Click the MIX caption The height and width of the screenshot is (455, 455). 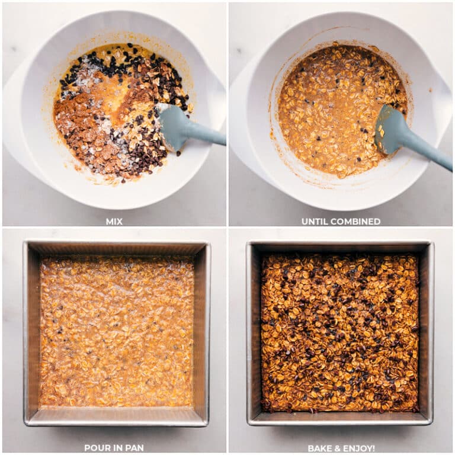114,222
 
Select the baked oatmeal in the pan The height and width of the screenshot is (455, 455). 340,332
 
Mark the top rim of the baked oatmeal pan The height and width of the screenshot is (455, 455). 340,245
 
